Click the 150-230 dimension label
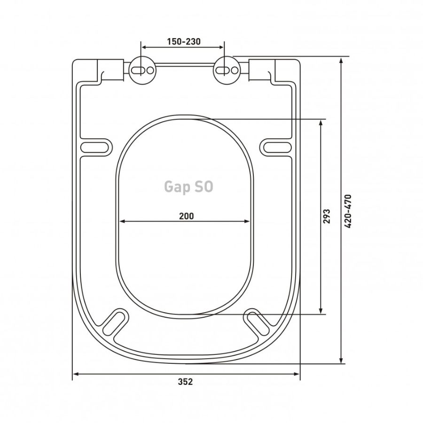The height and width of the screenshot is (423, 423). [184, 42]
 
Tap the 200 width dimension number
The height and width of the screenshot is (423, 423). [187, 216]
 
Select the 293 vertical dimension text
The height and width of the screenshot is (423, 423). [327, 216]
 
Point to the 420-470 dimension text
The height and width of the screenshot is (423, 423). [348, 211]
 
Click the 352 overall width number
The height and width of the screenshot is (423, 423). [186, 382]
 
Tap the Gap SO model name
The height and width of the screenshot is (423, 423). [188, 187]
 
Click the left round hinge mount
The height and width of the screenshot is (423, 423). [143, 70]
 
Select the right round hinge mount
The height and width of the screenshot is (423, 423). [227, 70]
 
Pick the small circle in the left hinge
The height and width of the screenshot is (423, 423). [150, 70]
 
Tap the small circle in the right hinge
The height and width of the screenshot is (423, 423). [235, 70]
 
